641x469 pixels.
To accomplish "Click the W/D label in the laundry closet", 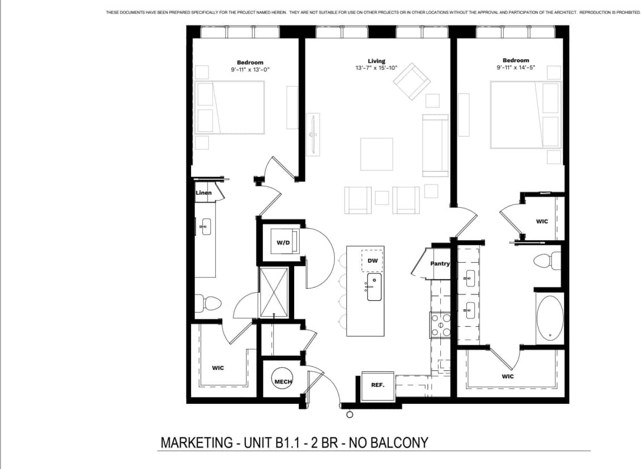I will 283,243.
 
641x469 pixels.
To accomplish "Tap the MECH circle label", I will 283,382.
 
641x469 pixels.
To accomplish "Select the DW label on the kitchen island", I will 372,261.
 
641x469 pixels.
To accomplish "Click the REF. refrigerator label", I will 377,385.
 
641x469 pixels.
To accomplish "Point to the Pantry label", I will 440,264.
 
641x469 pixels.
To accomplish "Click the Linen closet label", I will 203,193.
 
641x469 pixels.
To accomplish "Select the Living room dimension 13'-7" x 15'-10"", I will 376,68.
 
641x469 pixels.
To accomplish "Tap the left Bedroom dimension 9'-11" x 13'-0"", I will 250,70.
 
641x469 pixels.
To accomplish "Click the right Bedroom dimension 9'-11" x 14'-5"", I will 515,67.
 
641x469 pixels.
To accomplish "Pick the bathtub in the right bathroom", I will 550,317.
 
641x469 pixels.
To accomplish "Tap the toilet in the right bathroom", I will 545,261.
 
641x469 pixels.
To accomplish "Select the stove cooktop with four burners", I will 440,325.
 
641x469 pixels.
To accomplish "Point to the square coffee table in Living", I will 376,154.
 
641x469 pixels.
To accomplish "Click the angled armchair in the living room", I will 412,81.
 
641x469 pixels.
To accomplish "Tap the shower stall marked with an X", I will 274,292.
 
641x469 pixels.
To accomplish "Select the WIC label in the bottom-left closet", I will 218,368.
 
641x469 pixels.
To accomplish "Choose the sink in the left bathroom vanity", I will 205,227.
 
